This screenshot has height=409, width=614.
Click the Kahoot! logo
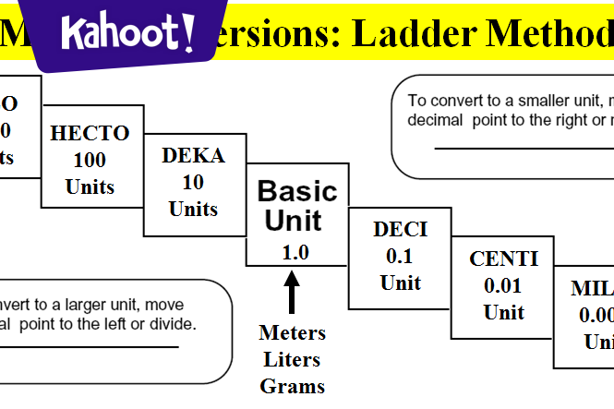[127, 34]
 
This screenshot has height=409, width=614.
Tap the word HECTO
[90, 133]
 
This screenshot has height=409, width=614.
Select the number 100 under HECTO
[90, 160]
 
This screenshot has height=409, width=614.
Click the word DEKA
[193, 155]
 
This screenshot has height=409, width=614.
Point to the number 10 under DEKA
[193, 182]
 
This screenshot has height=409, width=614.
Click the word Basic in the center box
[297, 191]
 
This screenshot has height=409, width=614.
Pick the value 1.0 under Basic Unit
[295, 252]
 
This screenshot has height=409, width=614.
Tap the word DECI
[400, 229]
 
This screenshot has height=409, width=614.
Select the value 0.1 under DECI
[400, 256]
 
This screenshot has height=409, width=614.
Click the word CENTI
[503, 259]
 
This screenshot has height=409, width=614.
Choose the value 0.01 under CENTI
[503, 286]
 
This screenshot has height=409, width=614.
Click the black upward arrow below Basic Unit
[293, 295]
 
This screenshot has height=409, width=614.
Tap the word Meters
[293, 332]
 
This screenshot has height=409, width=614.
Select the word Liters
[293, 359]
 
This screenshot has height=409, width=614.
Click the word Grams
[293, 386]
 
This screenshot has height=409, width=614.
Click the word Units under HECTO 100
[90, 186]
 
